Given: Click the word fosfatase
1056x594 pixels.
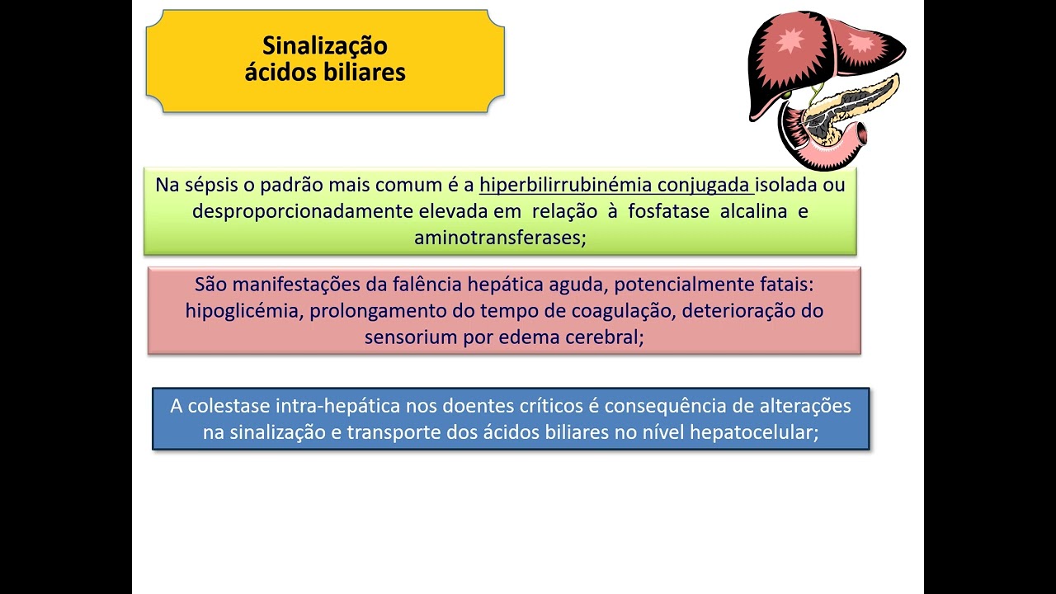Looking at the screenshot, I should (x=668, y=211).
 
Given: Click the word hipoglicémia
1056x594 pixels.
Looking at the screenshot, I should (x=243, y=311).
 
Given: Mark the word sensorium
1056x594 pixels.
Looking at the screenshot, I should (x=405, y=337).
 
